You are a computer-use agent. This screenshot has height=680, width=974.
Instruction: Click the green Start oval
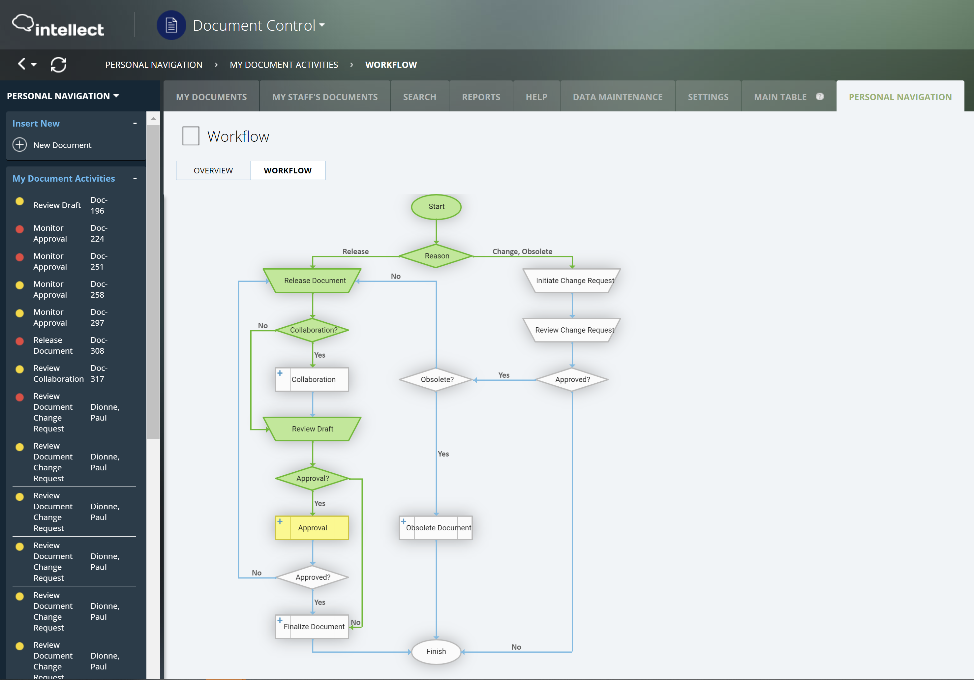coord(436,207)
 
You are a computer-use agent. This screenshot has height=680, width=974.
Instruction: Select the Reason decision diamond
coord(437,256)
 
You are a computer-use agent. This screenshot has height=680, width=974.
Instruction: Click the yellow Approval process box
coord(312,528)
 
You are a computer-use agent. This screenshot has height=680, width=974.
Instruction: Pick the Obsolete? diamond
coord(437,379)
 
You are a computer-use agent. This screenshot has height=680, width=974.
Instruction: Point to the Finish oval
coord(436,651)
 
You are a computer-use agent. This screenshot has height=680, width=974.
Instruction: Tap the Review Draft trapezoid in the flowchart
coord(312,429)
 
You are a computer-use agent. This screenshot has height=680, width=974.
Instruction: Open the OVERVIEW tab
coord(213,170)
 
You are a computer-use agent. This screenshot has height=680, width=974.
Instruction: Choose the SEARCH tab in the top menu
coord(419,97)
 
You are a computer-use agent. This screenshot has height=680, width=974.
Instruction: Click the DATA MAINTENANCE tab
coord(617,97)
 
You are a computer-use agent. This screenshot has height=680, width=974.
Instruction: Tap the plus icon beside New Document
coord(19,145)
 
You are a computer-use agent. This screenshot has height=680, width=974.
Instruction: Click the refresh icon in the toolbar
coord(59,65)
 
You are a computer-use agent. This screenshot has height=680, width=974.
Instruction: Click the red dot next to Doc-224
coord(19,229)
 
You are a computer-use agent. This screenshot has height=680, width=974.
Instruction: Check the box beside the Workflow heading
coord(191,136)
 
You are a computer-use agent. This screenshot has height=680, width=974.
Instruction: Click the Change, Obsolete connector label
coord(522,251)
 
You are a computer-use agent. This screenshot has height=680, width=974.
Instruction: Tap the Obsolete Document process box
coord(437,528)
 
